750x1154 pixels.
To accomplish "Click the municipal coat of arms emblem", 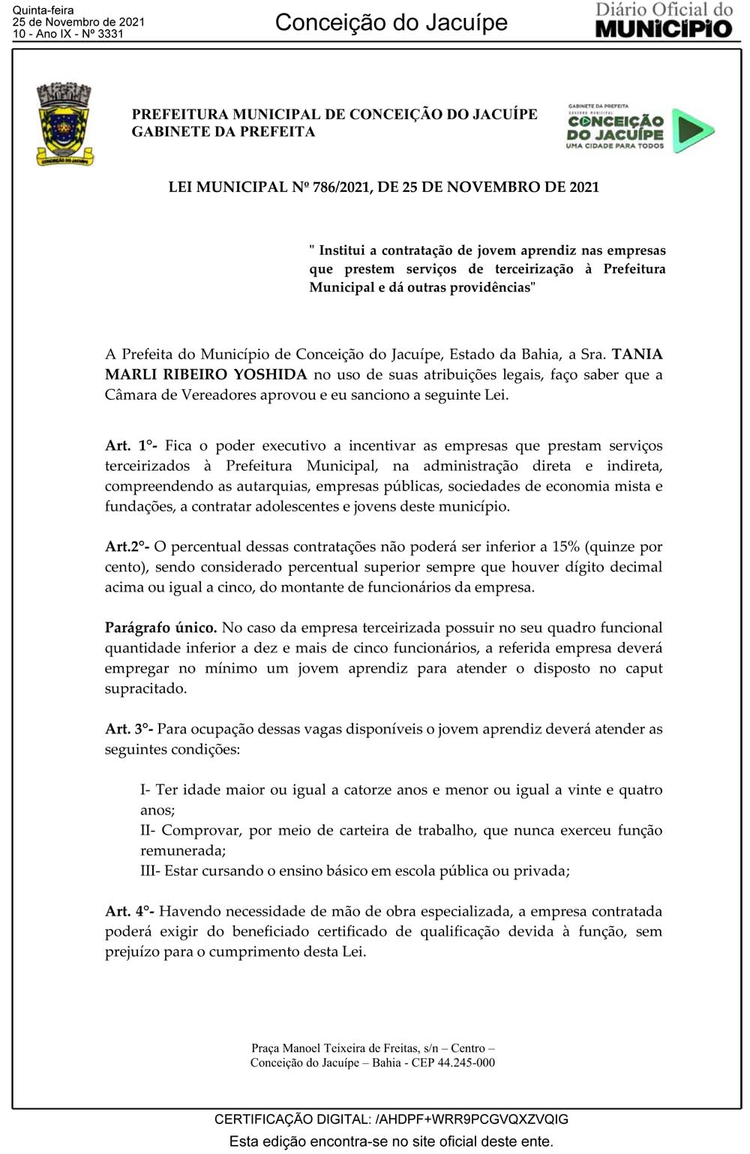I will coord(64,124).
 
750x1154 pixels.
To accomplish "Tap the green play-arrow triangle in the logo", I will coord(691,130).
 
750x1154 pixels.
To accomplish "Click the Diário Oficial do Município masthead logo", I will coord(664,20).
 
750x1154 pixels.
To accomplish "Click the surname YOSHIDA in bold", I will coord(271,374).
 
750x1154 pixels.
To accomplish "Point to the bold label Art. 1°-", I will coord(131,445).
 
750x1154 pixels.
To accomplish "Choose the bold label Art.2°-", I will coord(127,547).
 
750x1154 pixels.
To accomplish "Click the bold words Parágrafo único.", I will coord(160,628).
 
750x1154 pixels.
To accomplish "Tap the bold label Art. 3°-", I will coord(129,729).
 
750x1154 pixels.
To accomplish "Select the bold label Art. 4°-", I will coord(130,911).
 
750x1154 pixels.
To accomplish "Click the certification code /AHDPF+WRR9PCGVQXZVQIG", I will coord(472,1119).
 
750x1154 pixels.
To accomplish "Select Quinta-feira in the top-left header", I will coord(43,10).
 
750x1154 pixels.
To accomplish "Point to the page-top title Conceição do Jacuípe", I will coord(391,22).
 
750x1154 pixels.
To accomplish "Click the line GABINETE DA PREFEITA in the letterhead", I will coord(223,132).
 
